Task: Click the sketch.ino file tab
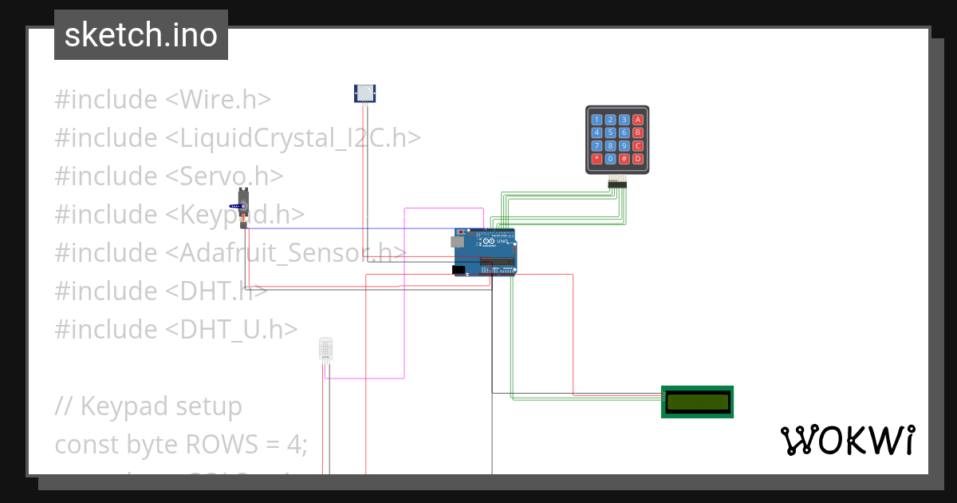coord(140,35)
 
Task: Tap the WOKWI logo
coord(847,440)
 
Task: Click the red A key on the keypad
coord(637,120)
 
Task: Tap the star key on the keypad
coord(597,159)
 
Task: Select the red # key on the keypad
coord(624,159)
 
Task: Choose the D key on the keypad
coord(637,159)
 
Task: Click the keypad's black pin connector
coord(617,184)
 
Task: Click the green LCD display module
coord(697,402)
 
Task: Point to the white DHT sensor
coord(325,348)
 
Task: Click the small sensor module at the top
coord(364,93)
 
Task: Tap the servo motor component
coord(245,209)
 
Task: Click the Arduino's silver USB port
coord(459,240)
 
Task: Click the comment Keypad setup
coord(161,406)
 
